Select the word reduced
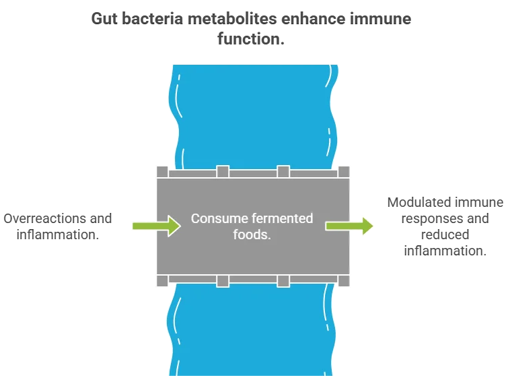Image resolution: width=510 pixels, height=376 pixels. [445, 234]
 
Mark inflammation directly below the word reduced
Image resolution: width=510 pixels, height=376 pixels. [445, 251]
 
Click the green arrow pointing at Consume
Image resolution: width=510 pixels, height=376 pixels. [156, 226]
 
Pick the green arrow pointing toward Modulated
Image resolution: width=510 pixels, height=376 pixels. [350, 226]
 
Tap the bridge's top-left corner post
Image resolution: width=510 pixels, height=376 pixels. [162, 172]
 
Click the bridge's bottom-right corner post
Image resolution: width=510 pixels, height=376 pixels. [343, 280]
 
